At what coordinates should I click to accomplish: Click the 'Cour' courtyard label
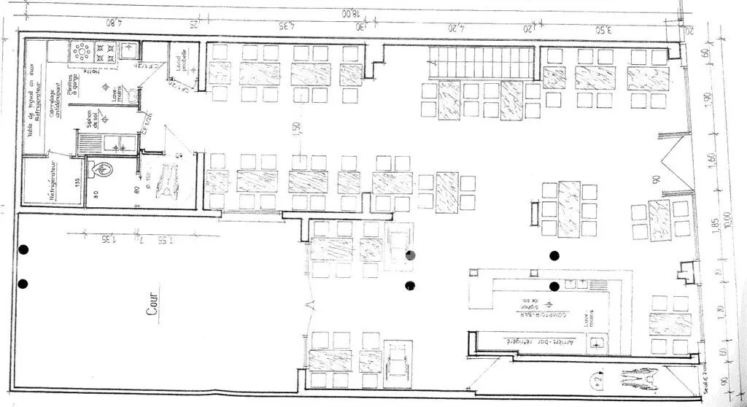[x=152, y=304]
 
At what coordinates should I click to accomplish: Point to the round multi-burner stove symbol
[x=81, y=52]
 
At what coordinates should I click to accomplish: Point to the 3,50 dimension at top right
[x=603, y=28]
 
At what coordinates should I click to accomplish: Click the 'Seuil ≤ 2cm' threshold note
[x=705, y=379]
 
